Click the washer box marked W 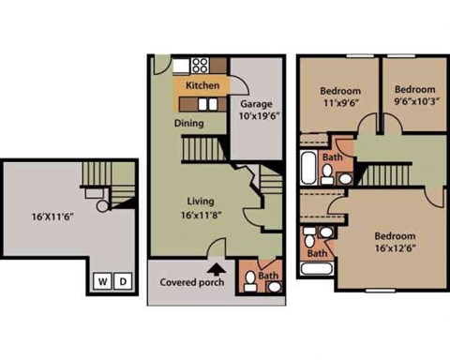pos(102,280)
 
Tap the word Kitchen pos(202,85)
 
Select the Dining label pos(190,122)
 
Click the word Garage pos(256,103)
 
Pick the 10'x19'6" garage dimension pos(256,117)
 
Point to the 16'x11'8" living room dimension pos(202,215)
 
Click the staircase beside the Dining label pos(198,148)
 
